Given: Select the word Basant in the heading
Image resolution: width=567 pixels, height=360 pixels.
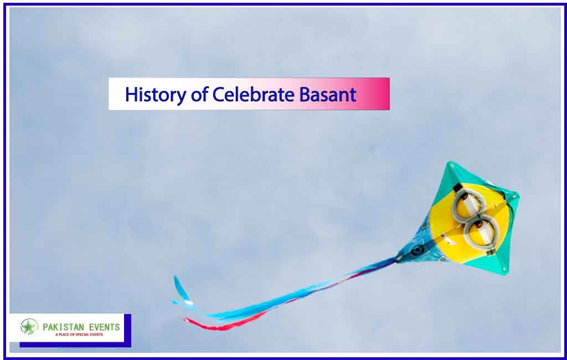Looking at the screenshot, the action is click(x=328, y=95).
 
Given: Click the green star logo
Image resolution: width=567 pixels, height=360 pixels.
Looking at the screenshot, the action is click(x=29, y=327).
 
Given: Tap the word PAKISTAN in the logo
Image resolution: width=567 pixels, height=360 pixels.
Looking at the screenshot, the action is click(x=64, y=327).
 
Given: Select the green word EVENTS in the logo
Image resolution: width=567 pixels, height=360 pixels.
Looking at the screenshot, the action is click(x=105, y=327).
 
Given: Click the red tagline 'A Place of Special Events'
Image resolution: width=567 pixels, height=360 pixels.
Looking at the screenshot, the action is click(x=79, y=335).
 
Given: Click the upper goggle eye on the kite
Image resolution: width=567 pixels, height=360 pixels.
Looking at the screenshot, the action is click(x=468, y=205).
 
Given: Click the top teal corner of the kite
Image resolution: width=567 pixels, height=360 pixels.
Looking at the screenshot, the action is click(x=451, y=164).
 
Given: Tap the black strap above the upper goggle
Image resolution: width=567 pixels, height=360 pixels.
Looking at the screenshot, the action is click(x=457, y=187).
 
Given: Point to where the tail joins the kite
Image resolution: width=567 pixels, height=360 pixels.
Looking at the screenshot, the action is click(x=399, y=259).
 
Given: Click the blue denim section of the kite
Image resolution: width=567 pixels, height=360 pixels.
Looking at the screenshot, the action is click(x=420, y=245).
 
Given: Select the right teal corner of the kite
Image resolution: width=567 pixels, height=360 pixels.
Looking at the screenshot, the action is click(x=518, y=196).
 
